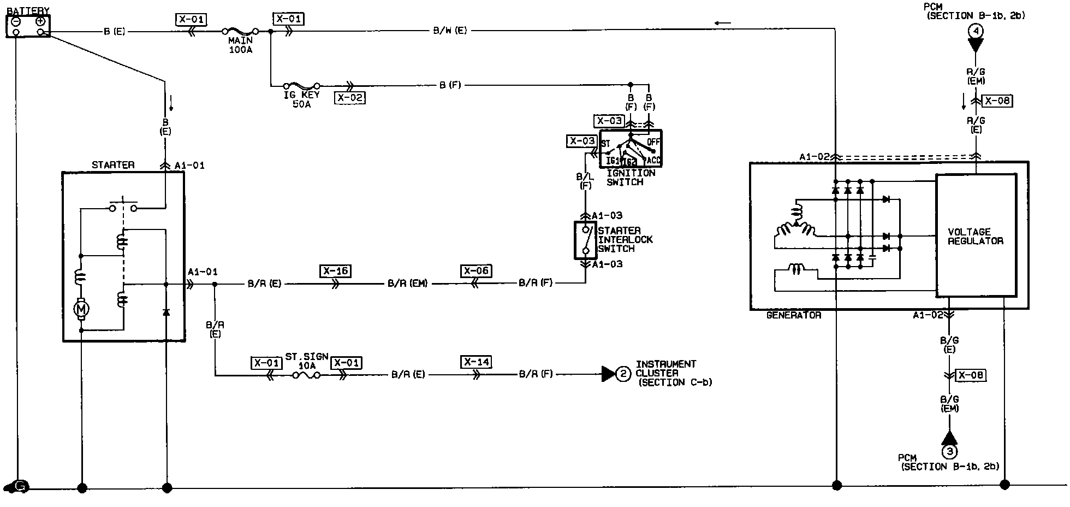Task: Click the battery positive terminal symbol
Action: pos(40,21)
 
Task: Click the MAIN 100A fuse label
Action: pos(240,45)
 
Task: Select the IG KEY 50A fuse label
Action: pos(301,99)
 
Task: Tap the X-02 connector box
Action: pos(350,98)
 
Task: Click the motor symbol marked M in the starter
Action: pos(81,310)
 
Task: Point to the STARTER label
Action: pos(113,164)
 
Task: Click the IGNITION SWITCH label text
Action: pos(631,178)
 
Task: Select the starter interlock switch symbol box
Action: pos(585,240)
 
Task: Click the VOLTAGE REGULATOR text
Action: pos(976,236)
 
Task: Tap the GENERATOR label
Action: pos(794,315)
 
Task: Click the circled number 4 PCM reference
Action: pos(976,31)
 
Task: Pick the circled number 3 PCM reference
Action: pos(949,451)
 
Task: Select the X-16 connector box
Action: pos(335,271)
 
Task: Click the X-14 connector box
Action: pos(477,362)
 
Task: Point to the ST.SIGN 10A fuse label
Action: pos(307,361)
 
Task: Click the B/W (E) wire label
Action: pos(450,31)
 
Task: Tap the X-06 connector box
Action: pos(476,271)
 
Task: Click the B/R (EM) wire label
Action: pos(408,284)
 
